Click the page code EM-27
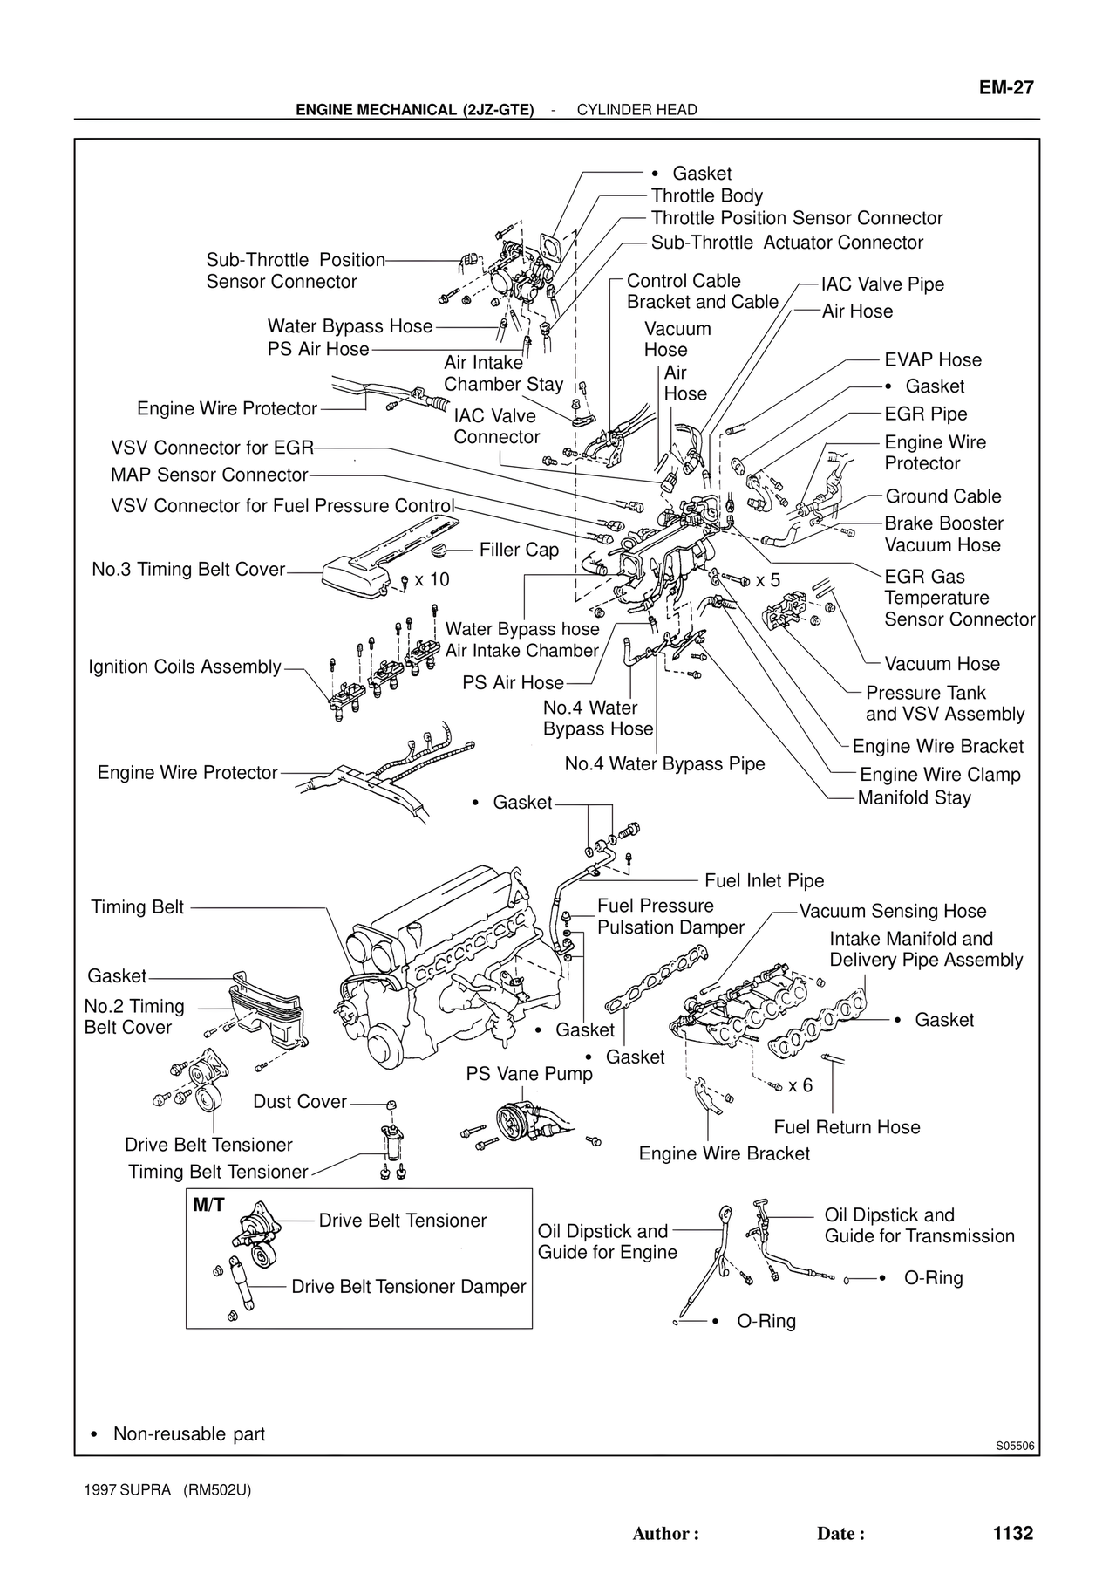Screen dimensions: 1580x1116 [1005, 87]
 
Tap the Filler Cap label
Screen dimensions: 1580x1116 [519, 550]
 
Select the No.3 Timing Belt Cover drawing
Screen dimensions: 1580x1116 [384, 558]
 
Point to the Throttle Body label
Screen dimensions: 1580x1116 [706, 196]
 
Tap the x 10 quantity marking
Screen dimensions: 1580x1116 [432, 580]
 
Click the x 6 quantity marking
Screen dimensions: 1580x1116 [800, 1085]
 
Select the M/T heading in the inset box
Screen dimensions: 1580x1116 [208, 1206]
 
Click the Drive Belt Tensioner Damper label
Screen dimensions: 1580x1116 [408, 1287]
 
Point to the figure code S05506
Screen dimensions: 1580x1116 [1015, 1446]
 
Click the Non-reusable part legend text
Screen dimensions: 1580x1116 [188, 1434]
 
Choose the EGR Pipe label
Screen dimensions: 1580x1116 [925, 414]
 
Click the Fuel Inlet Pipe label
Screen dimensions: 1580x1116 [764, 881]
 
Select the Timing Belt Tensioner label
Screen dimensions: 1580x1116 [218, 1172]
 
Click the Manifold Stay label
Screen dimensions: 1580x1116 [914, 797]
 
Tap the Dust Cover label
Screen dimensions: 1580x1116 [300, 1102]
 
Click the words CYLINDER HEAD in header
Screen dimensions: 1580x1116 [636, 110]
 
